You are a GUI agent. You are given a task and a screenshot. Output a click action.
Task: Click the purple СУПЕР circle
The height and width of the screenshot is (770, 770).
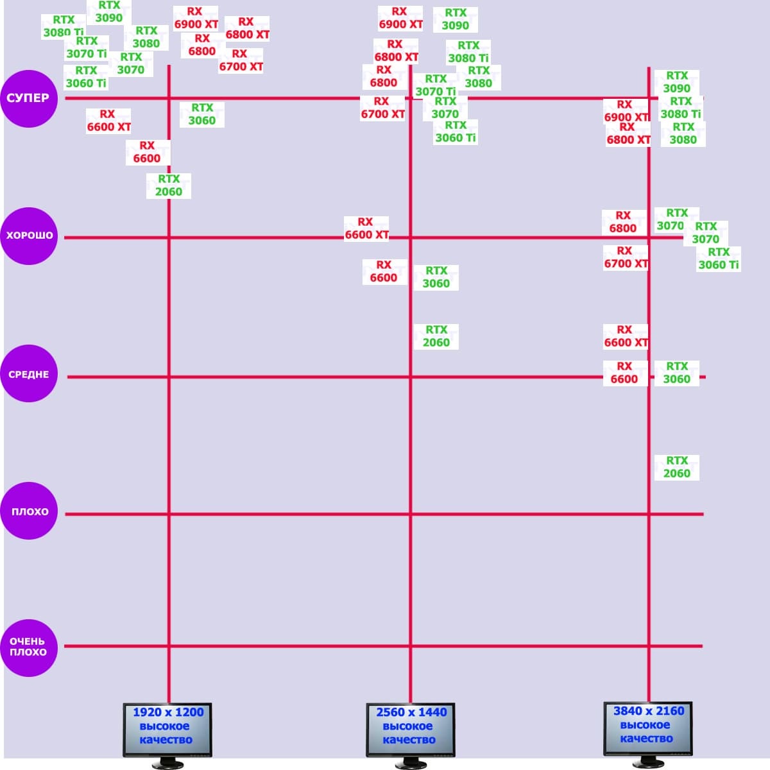click(x=29, y=98)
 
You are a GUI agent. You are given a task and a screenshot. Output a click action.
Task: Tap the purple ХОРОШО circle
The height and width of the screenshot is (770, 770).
click(x=29, y=235)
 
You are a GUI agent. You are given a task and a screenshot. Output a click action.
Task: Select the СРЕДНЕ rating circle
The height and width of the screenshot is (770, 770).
click(x=29, y=374)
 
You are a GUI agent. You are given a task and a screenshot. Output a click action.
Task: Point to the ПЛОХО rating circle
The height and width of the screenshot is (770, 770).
click(x=29, y=511)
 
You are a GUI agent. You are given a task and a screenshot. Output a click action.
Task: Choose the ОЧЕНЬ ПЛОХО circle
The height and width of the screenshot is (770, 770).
click(x=29, y=647)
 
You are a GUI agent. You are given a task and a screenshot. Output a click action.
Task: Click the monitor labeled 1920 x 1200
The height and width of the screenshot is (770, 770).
click(x=167, y=729)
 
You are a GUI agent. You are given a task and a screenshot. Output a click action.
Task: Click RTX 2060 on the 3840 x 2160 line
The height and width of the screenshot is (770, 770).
click(x=676, y=467)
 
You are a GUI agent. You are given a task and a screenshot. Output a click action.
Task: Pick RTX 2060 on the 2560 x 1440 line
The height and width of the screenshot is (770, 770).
click(x=436, y=336)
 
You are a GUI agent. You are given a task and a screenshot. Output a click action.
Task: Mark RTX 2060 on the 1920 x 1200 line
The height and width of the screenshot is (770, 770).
click(x=169, y=185)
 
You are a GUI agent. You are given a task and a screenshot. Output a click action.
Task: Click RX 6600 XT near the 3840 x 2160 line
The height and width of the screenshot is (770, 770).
click(x=626, y=336)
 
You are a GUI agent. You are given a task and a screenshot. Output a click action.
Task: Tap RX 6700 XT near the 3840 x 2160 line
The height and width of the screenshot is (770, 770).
click(x=626, y=257)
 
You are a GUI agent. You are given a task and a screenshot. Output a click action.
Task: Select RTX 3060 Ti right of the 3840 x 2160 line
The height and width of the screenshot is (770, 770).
click(x=719, y=259)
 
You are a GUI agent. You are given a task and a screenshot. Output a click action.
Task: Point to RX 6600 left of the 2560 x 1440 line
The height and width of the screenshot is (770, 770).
click(x=384, y=271)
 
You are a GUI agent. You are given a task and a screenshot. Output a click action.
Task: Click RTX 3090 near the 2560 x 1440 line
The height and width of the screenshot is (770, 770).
click(x=456, y=19)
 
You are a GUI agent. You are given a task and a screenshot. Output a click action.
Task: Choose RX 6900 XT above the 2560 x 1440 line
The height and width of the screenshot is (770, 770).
click(x=400, y=18)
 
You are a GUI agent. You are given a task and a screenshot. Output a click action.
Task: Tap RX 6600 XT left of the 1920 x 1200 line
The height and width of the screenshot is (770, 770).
click(x=108, y=121)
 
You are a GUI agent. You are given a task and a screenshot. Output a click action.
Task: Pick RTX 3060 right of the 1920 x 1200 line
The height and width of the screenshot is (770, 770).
click(x=202, y=114)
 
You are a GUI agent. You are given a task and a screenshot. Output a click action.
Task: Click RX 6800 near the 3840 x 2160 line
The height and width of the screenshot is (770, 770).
click(x=623, y=222)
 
